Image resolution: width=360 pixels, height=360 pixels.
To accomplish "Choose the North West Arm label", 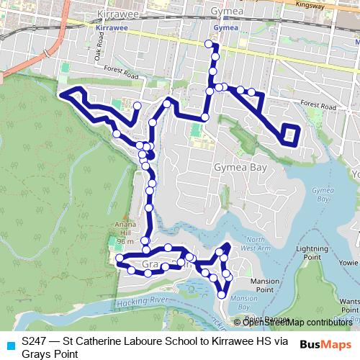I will point(257,243).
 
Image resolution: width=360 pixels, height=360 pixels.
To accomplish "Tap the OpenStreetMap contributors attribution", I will point(297,322).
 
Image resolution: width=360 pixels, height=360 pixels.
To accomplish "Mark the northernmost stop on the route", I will point(209,45).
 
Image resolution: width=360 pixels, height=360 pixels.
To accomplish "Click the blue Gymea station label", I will point(226,28).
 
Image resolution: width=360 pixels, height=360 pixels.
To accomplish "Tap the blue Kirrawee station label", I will point(108,28).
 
